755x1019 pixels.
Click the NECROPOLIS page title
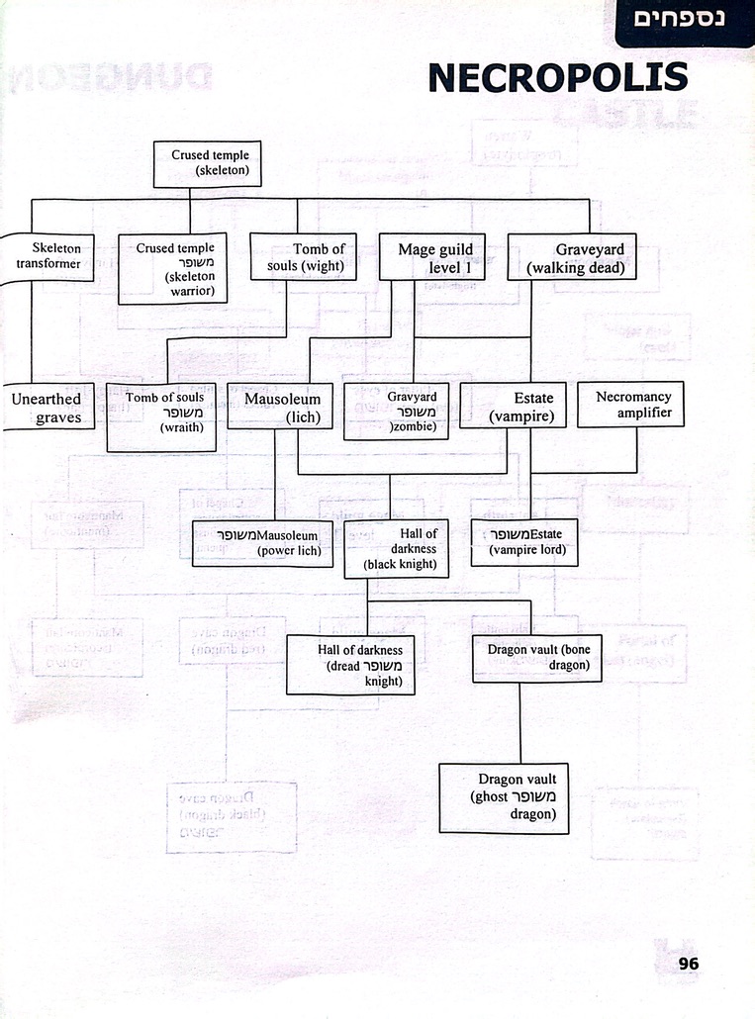[x=558, y=77]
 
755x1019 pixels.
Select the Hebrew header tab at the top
[x=685, y=21]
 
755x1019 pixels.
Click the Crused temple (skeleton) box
[x=209, y=164]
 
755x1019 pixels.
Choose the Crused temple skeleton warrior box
[x=173, y=267]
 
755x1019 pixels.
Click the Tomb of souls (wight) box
[x=303, y=257]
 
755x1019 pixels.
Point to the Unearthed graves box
[x=46, y=408]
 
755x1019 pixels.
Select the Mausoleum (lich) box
[x=280, y=408]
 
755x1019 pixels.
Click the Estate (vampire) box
[x=514, y=408]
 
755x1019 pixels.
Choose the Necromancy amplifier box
[x=631, y=405]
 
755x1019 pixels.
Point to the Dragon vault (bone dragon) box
[x=537, y=659]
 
